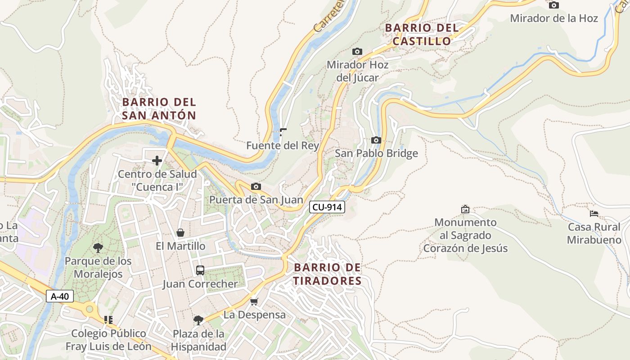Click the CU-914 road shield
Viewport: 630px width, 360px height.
pyautogui.click(x=327, y=207)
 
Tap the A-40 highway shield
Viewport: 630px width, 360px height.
pyautogui.click(x=60, y=296)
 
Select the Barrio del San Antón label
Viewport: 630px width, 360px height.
pyautogui.click(x=159, y=108)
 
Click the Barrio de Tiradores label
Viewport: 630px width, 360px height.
pyautogui.click(x=327, y=274)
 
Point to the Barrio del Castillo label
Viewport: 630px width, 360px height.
pyautogui.click(x=422, y=34)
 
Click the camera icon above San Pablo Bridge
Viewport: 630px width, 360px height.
pyautogui.click(x=376, y=140)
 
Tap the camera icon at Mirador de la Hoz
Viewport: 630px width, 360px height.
pyautogui.click(x=554, y=5)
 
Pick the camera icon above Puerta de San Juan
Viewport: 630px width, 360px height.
pyautogui.click(x=256, y=186)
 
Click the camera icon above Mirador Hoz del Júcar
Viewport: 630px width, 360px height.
pyautogui.click(x=357, y=52)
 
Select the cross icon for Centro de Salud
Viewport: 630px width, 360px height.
pyautogui.click(x=157, y=161)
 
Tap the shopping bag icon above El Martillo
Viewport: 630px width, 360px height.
pyautogui.click(x=180, y=233)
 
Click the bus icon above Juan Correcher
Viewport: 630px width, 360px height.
pyautogui.click(x=200, y=270)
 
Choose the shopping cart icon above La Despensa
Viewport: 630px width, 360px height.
pyautogui.click(x=254, y=301)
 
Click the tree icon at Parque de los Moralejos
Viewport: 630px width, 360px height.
pyautogui.click(x=98, y=247)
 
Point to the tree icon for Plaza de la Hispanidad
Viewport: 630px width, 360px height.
pyautogui.click(x=198, y=320)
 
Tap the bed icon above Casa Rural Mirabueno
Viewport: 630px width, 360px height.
pyautogui.click(x=594, y=213)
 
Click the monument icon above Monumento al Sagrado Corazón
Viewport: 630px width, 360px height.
pyautogui.click(x=465, y=209)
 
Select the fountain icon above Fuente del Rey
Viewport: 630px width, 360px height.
pyautogui.click(x=283, y=132)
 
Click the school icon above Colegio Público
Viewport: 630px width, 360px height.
pyautogui.click(x=108, y=320)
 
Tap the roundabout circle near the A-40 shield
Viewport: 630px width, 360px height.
pyautogui.click(x=90, y=309)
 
